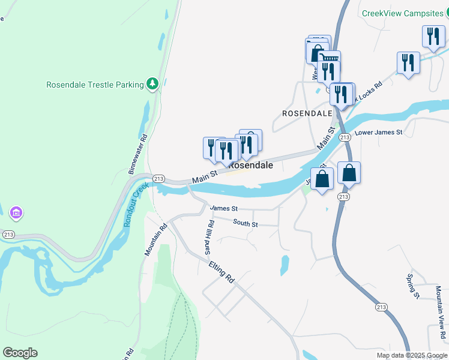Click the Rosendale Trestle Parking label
pos(95,85)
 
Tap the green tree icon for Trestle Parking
pos(153,84)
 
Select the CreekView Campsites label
pos(402,13)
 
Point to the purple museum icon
pos(16,212)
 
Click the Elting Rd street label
pos(221,272)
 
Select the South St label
pos(246,224)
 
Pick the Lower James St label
pos(378,132)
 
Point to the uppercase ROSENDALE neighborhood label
pos(307,113)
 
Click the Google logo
pos(20,353)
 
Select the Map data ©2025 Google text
pos(411,355)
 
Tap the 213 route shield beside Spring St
pos(381,307)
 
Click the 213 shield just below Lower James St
pos(345,137)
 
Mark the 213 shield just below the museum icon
pos(8,234)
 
